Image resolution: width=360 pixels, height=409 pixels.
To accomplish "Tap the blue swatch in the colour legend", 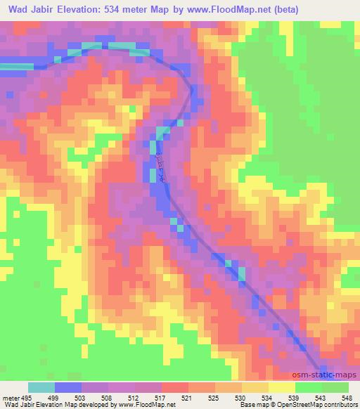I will pyautogui.click(x=68, y=387).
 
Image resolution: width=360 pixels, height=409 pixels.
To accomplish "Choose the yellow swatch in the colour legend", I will pyautogui.click(x=282, y=387).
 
